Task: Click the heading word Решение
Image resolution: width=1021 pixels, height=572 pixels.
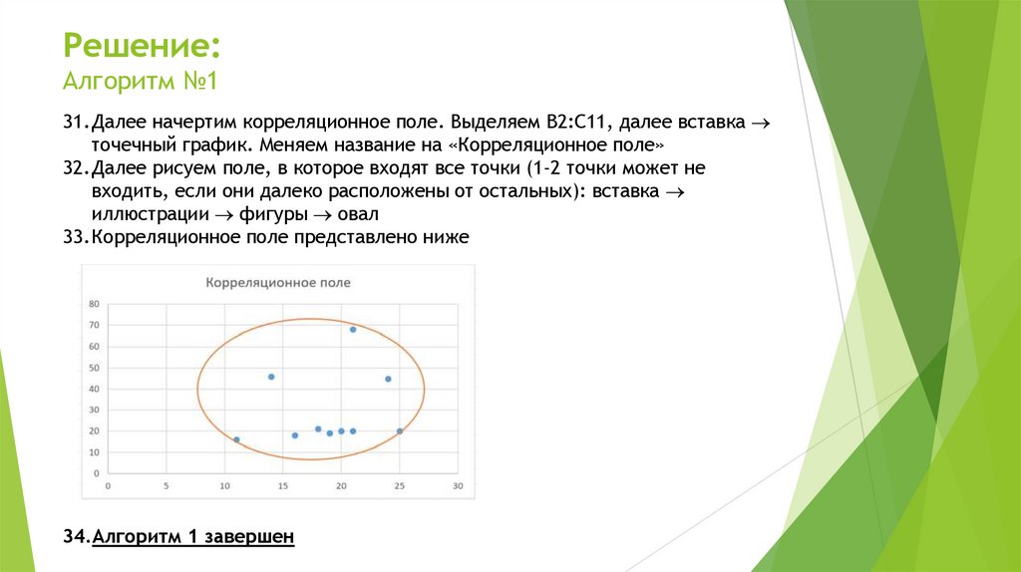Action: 142,47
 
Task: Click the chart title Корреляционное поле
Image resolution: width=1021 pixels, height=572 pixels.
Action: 278,283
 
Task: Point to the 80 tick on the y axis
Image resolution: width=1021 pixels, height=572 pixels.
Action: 94,304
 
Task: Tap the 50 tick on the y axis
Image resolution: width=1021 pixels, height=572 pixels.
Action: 94,368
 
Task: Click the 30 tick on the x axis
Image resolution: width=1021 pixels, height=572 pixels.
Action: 458,486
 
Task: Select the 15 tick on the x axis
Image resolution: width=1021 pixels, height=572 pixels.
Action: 282,486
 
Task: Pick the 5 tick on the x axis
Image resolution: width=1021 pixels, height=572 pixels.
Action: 166,486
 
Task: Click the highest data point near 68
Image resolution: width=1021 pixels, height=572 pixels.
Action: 353,329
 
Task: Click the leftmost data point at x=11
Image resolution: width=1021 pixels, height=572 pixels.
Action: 236,439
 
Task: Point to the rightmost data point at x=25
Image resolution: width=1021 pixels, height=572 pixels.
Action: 400,431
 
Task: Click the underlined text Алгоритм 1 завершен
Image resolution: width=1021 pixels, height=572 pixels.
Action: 192,537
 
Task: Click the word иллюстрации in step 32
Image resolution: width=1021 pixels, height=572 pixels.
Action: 145,214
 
